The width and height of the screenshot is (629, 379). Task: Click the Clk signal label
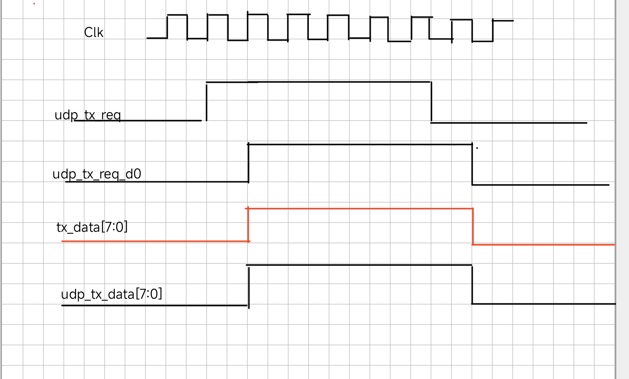point(94,32)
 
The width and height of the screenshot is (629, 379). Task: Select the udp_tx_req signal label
point(88,115)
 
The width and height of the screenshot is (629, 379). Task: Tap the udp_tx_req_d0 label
point(97,174)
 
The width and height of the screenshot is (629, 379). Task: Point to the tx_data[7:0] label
point(92,227)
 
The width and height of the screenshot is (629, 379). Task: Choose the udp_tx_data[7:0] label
point(111,294)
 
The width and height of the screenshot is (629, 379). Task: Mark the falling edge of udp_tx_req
point(431,102)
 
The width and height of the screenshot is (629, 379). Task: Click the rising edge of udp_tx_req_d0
point(249,163)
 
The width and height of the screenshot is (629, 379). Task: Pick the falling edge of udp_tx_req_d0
point(472,165)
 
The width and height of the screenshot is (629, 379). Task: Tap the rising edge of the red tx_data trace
point(248,225)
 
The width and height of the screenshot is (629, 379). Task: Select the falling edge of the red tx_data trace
point(473,226)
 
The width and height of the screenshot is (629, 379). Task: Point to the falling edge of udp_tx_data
point(472,285)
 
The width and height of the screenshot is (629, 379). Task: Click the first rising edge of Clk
point(167,27)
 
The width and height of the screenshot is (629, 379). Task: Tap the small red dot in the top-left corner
point(34,4)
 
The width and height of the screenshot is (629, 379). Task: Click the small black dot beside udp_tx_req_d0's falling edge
point(477,148)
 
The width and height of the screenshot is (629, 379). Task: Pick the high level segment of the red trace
point(360,209)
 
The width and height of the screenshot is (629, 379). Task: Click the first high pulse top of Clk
point(177,15)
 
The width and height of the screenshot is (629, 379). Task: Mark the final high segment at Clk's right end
point(503,21)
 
